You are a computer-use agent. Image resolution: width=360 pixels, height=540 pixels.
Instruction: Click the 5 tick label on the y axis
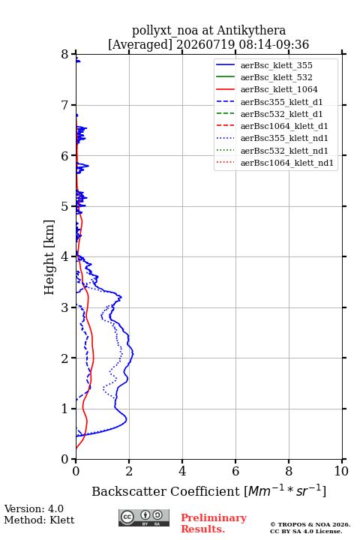65,206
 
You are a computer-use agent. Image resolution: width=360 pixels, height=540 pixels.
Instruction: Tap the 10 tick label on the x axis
341,471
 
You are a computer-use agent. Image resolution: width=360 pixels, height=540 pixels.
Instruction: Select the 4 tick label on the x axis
182,471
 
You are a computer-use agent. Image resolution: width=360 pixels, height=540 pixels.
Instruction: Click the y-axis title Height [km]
49,257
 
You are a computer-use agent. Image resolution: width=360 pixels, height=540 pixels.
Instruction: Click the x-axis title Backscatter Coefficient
165,491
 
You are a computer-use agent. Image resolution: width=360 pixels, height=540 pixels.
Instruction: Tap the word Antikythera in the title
251,31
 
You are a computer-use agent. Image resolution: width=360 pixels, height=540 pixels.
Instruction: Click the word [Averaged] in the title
139,44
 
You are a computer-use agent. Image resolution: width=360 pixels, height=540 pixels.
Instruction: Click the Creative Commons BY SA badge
144,517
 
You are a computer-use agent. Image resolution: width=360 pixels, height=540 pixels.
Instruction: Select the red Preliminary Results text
214,523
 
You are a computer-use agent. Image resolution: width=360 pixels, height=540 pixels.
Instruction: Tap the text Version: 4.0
34,508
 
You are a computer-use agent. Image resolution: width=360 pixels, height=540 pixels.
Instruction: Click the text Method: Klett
39,520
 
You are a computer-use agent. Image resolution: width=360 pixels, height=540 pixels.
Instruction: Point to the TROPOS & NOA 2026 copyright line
310,524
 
